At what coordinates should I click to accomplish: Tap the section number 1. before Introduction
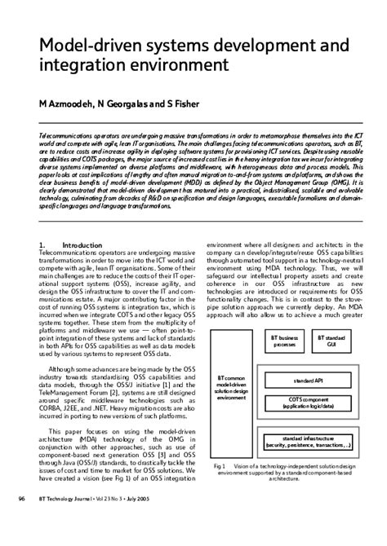[x=42, y=244]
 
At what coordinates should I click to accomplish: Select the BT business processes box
[x=284, y=341]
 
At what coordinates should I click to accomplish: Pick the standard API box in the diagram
[x=308, y=381]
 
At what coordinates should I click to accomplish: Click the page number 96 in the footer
[x=21, y=522]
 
